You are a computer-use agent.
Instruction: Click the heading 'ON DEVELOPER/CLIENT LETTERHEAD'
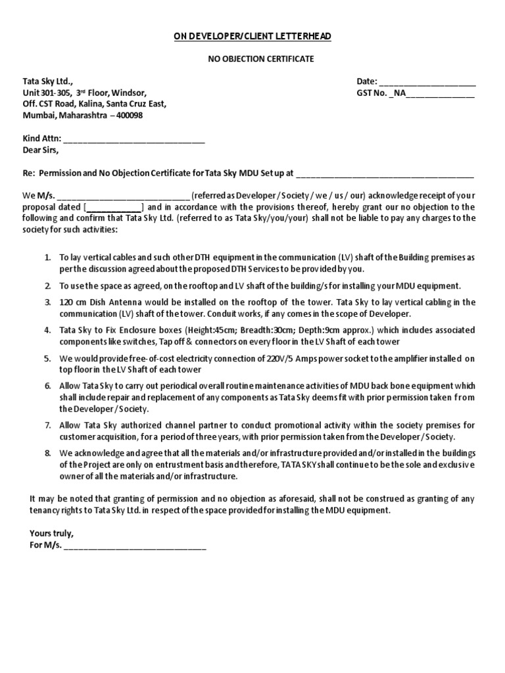[x=252, y=35]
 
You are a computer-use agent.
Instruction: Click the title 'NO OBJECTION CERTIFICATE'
[x=252, y=59]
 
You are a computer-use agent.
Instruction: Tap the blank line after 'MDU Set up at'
[x=385, y=174]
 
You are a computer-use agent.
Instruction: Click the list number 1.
[x=48, y=258]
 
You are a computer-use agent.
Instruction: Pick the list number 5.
[x=48, y=359]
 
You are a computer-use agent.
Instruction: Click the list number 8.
[x=48, y=453]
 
